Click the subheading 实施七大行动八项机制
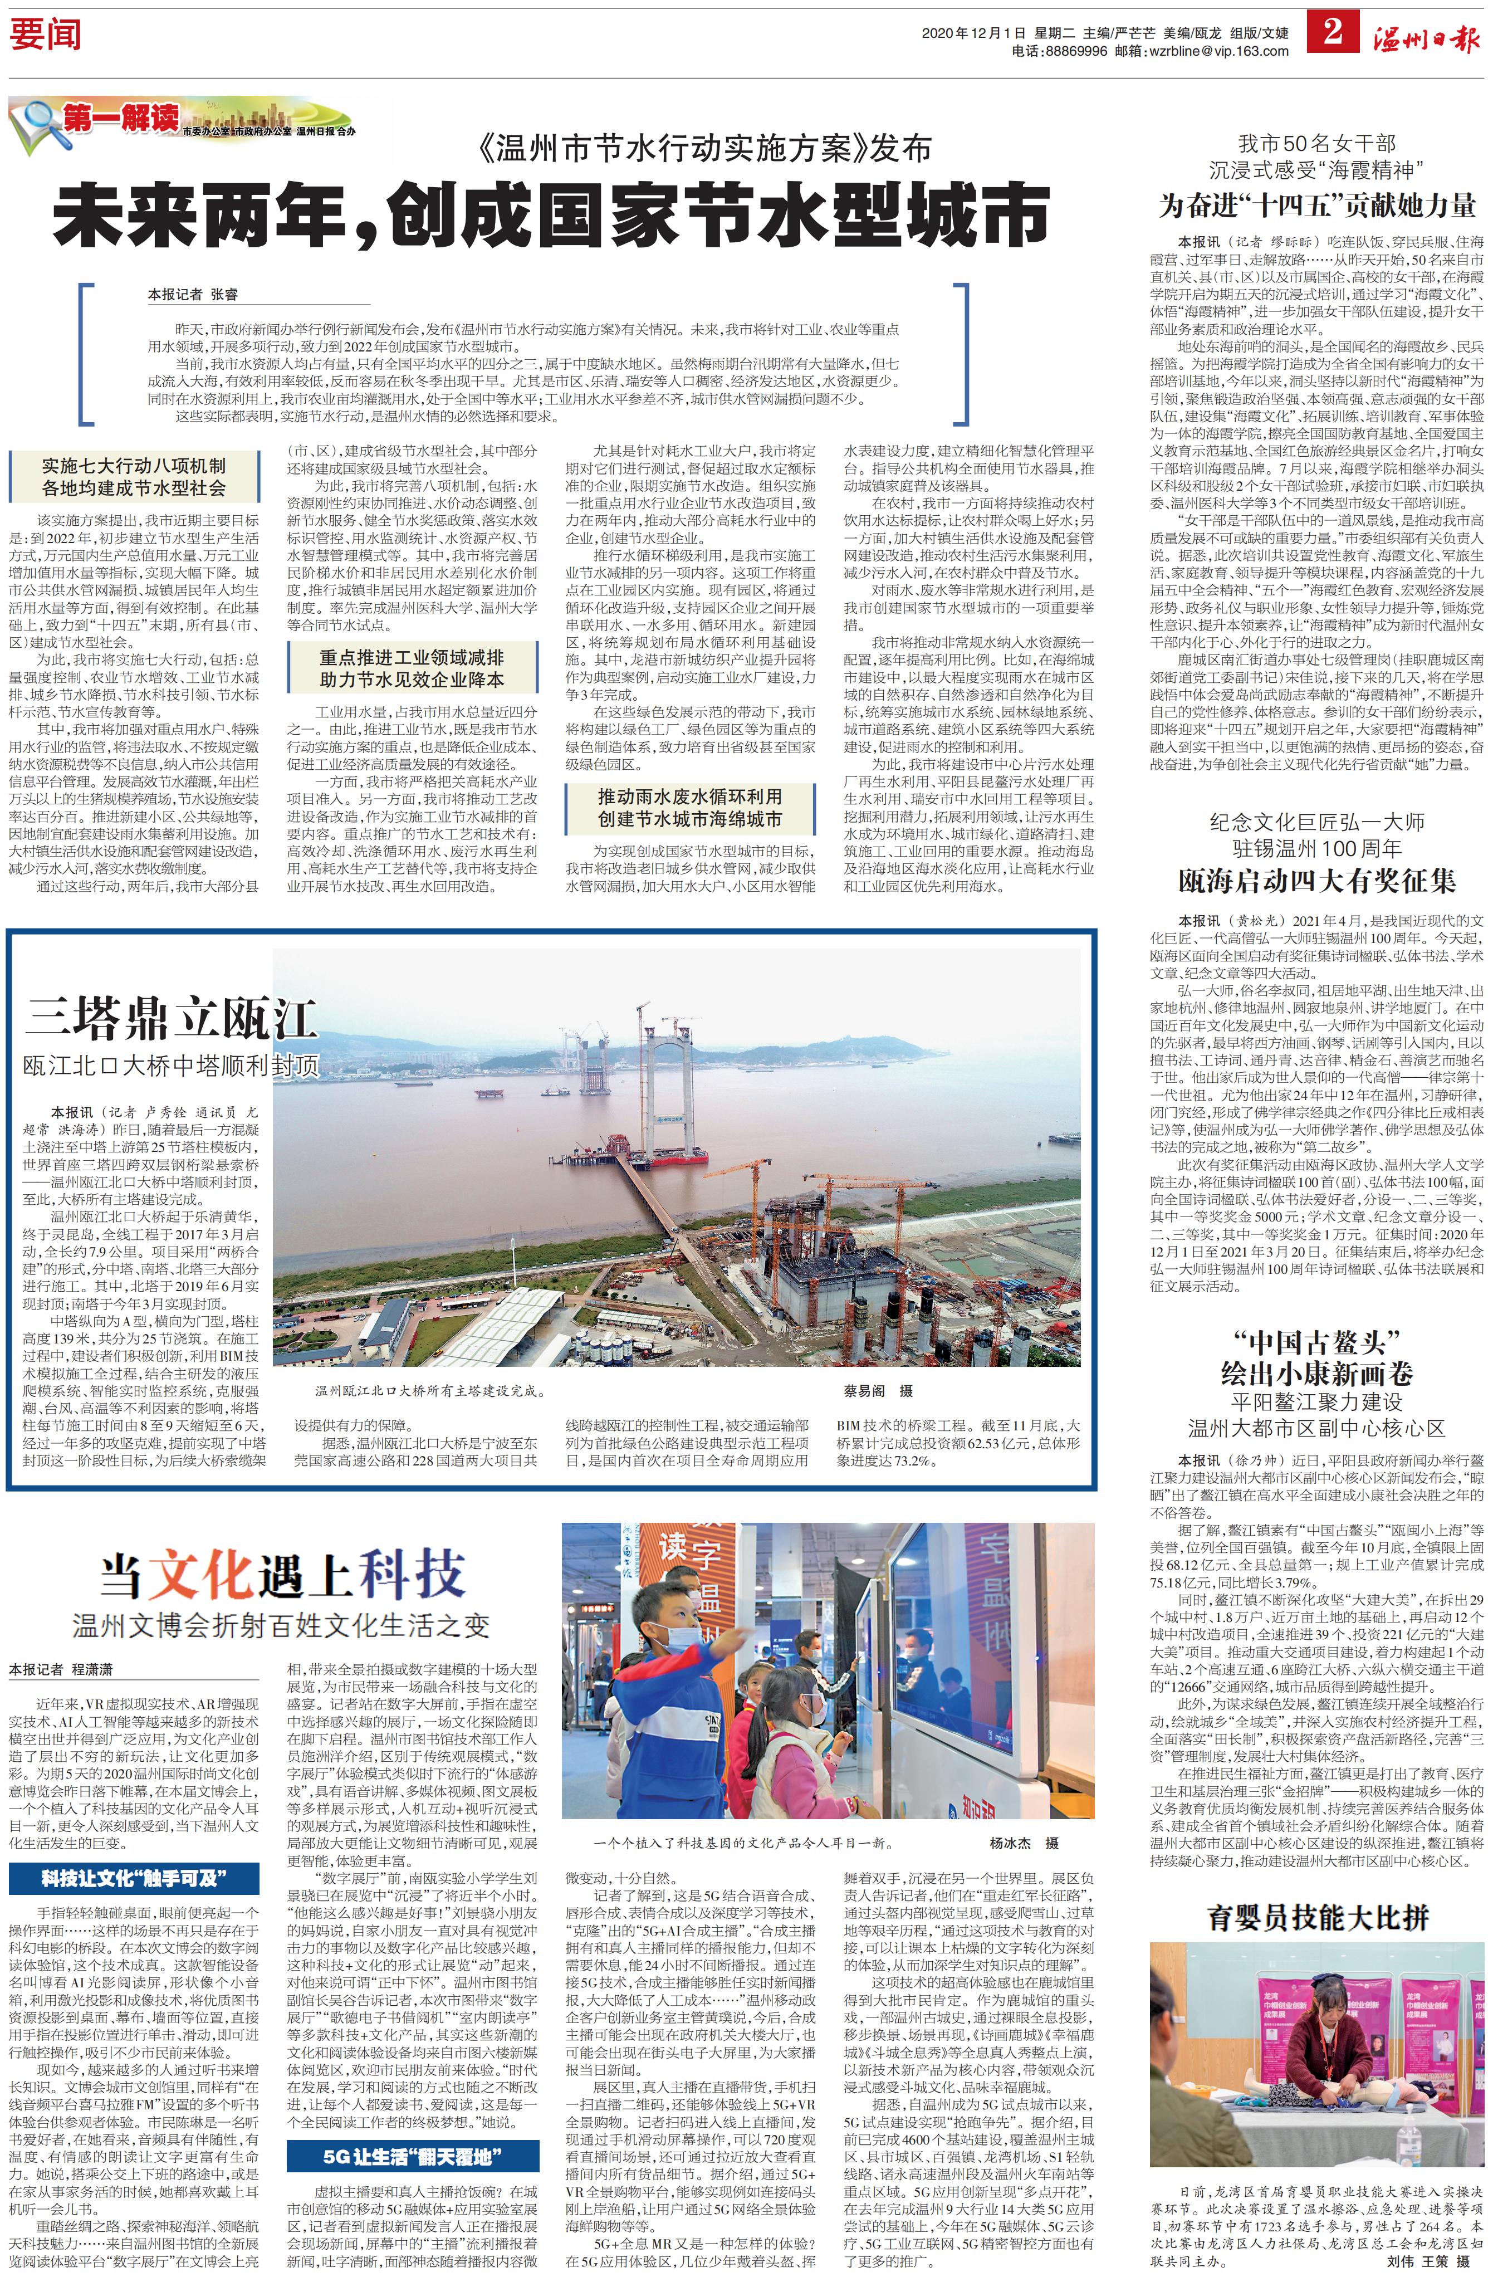[x=134, y=465]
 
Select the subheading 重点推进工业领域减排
[x=412, y=657]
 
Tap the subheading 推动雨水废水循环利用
[x=689, y=796]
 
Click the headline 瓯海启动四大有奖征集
[x=1317, y=880]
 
